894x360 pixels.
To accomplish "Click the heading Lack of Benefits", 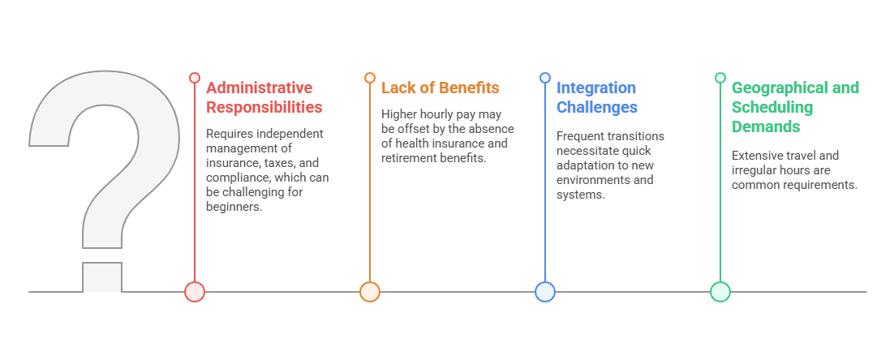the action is coord(441,88).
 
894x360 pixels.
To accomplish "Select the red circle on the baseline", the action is coord(195,292).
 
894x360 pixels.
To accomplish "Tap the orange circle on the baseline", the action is coord(369,292).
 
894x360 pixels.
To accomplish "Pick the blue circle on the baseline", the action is coord(545,292).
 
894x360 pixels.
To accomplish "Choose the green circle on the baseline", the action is coord(720,292).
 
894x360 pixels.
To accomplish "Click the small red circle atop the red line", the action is coord(195,78).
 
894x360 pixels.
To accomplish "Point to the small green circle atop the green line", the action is coord(720,78).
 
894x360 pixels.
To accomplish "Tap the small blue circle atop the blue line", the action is coord(545,78).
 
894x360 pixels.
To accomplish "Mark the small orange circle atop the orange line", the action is coord(369,78).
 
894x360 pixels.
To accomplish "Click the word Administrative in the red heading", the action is coord(260,88).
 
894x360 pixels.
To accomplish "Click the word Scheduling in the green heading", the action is coord(772,107).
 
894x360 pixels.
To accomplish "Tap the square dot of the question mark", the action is coord(102,277).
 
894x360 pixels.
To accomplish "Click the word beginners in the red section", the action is coord(234,207).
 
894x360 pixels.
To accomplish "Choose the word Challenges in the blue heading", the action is coord(597,107).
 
